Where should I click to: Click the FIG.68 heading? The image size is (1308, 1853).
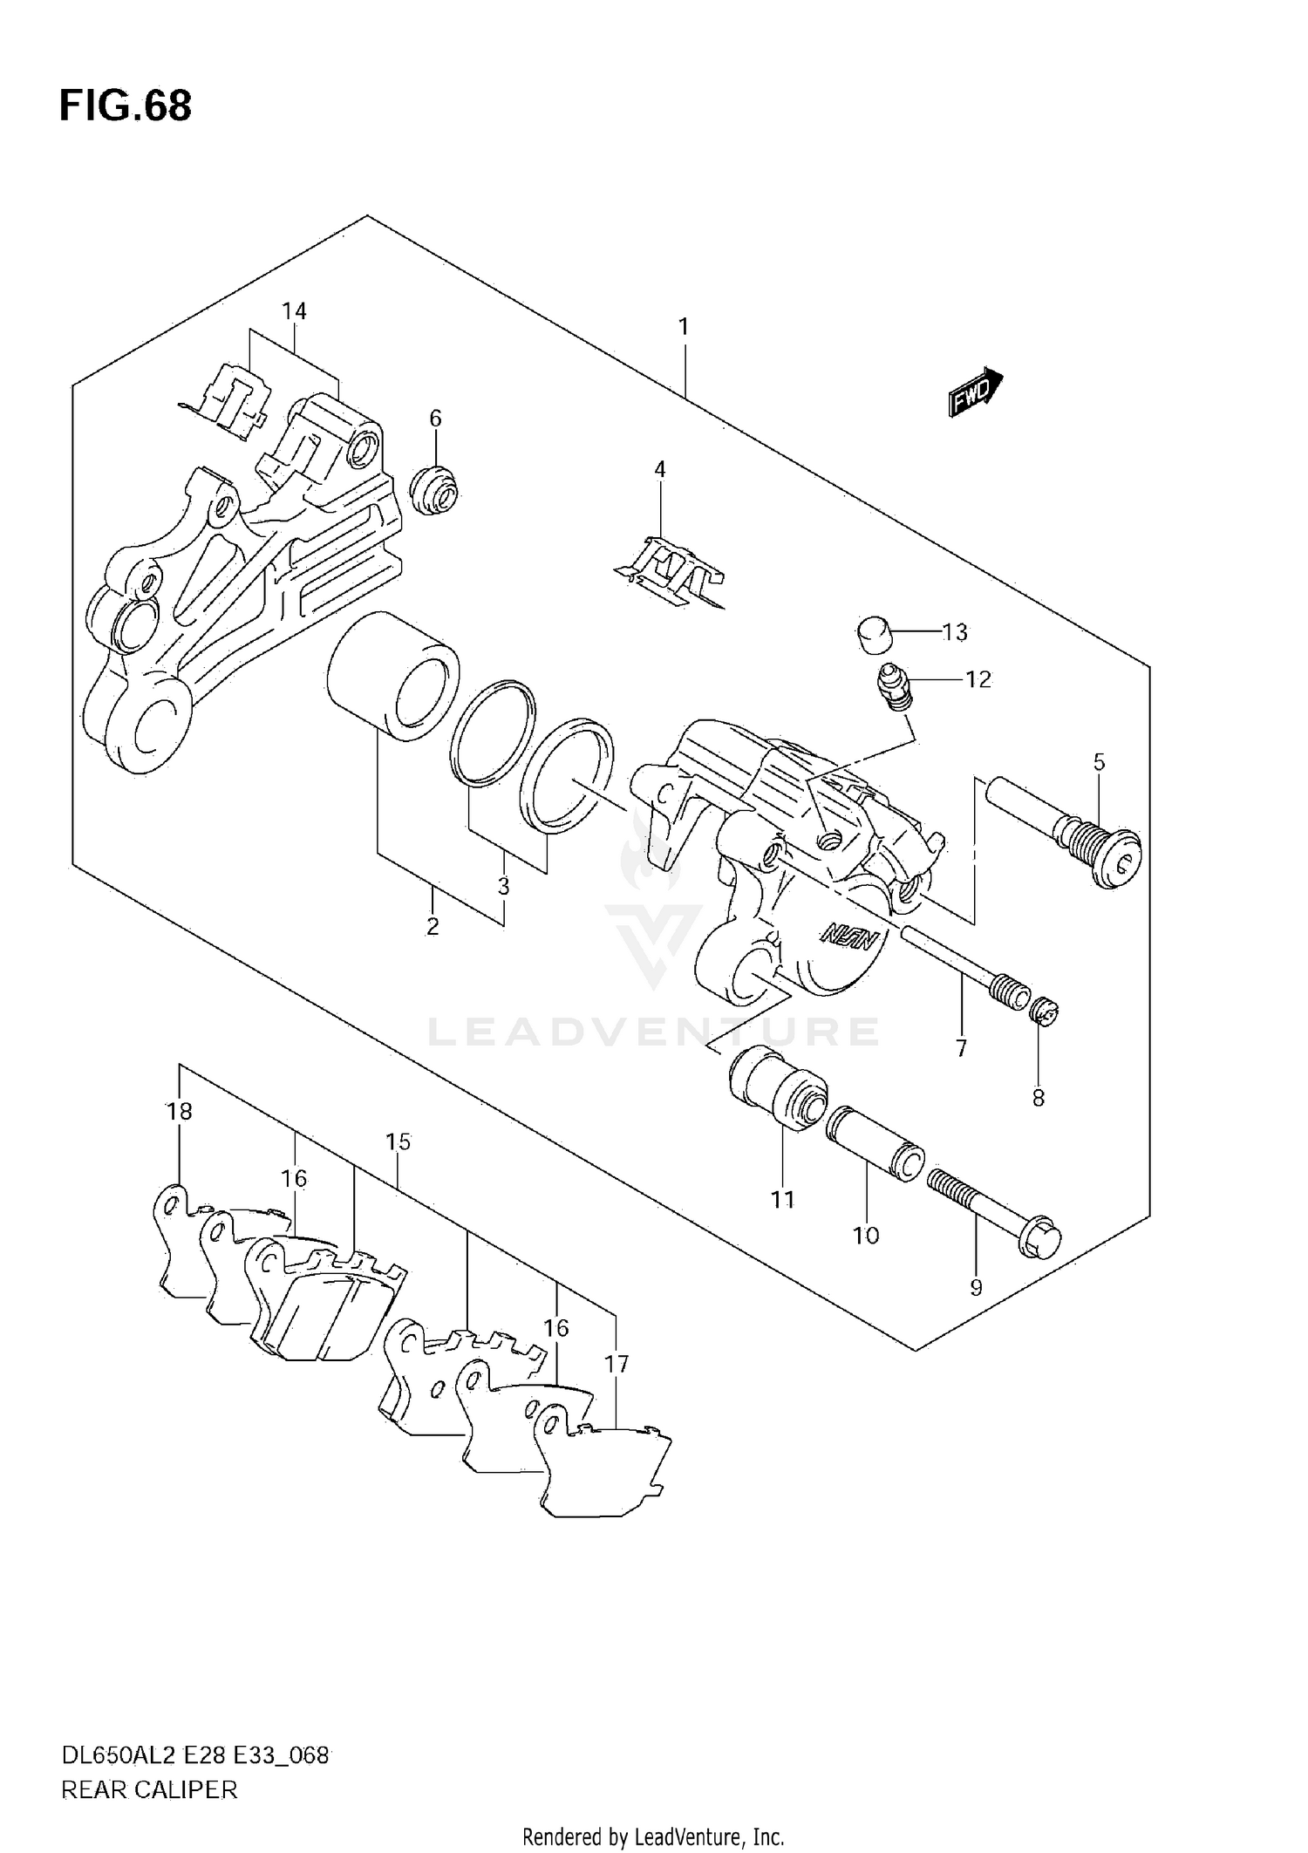[126, 106]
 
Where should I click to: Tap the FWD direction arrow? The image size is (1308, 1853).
[975, 392]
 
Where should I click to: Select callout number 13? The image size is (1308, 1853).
[955, 632]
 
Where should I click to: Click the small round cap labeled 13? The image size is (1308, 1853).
[873, 634]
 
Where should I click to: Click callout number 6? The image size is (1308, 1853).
[435, 419]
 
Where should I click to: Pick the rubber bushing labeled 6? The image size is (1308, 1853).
[434, 491]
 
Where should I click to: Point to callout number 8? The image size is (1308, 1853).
[1038, 1098]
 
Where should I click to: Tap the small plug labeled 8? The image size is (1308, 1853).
[1044, 1012]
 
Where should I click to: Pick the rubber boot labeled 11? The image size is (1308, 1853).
[778, 1090]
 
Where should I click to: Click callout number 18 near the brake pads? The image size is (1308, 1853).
[179, 1111]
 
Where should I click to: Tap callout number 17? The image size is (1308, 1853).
[617, 1363]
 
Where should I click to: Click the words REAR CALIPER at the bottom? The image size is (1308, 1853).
[149, 1790]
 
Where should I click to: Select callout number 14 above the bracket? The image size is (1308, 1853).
[294, 311]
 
